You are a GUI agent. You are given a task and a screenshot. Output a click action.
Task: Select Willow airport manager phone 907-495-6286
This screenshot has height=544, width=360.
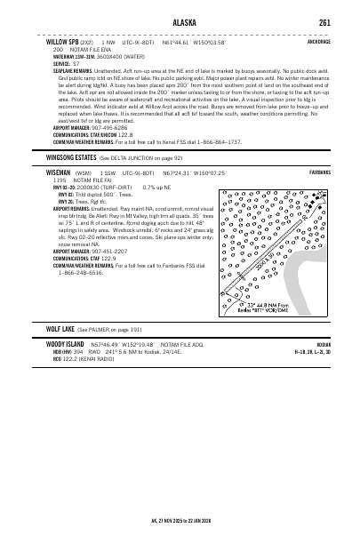(114, 127)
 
